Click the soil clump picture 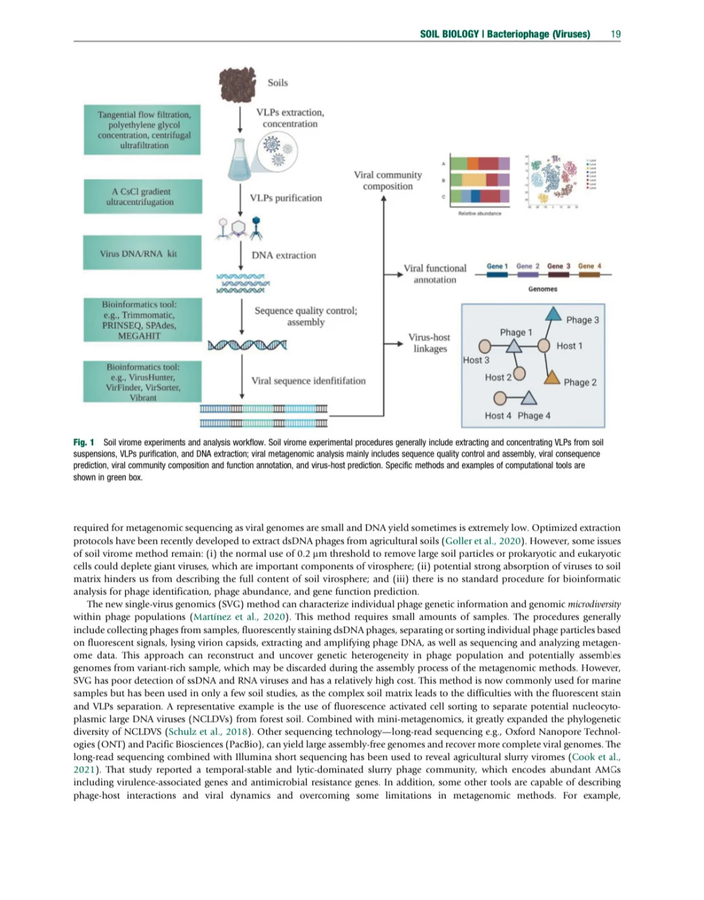237,84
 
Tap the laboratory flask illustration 240,160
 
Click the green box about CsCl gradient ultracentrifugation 142,196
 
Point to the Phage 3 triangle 553,314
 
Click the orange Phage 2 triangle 552,377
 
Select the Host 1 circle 544,345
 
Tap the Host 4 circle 500,398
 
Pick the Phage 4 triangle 529,398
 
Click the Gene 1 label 497,266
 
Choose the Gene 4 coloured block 589,275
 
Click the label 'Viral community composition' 388,181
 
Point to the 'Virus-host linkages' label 430,343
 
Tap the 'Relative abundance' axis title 480,214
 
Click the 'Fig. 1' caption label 83,443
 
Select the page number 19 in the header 615,34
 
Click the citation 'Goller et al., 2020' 484,541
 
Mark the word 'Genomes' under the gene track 542,289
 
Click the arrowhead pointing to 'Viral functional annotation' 400,274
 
